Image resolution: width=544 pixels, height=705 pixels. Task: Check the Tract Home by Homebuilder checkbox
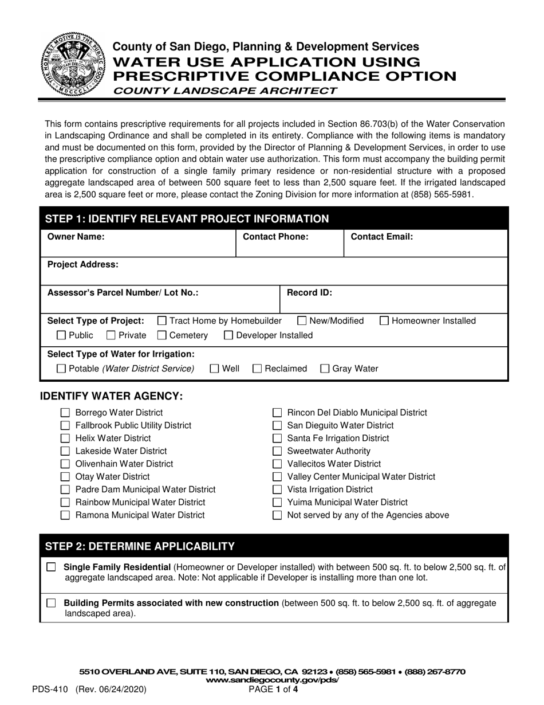point(162,321)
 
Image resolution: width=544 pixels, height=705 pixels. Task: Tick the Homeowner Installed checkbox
point(385,321)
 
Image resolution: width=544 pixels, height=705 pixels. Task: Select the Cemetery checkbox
point(162,335)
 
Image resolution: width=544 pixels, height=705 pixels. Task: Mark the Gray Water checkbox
point(325,369)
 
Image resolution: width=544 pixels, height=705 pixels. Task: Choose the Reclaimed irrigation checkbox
point(257,369)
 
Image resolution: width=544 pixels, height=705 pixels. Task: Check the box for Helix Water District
point(65,438)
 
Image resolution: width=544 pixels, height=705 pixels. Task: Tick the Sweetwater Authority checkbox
point(277,451)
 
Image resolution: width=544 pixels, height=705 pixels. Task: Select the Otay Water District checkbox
point(65,477)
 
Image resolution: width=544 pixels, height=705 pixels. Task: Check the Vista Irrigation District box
point(277,489)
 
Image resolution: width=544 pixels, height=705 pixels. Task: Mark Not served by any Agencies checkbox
point(277,515)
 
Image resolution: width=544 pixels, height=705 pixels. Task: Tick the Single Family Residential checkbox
point(52,567)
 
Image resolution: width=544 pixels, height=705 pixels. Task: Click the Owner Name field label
point(76,236)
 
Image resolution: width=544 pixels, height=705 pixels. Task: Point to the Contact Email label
point(381,236)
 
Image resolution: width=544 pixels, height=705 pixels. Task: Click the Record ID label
point(309,292)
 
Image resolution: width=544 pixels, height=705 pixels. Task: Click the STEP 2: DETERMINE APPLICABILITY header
point(140,546)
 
